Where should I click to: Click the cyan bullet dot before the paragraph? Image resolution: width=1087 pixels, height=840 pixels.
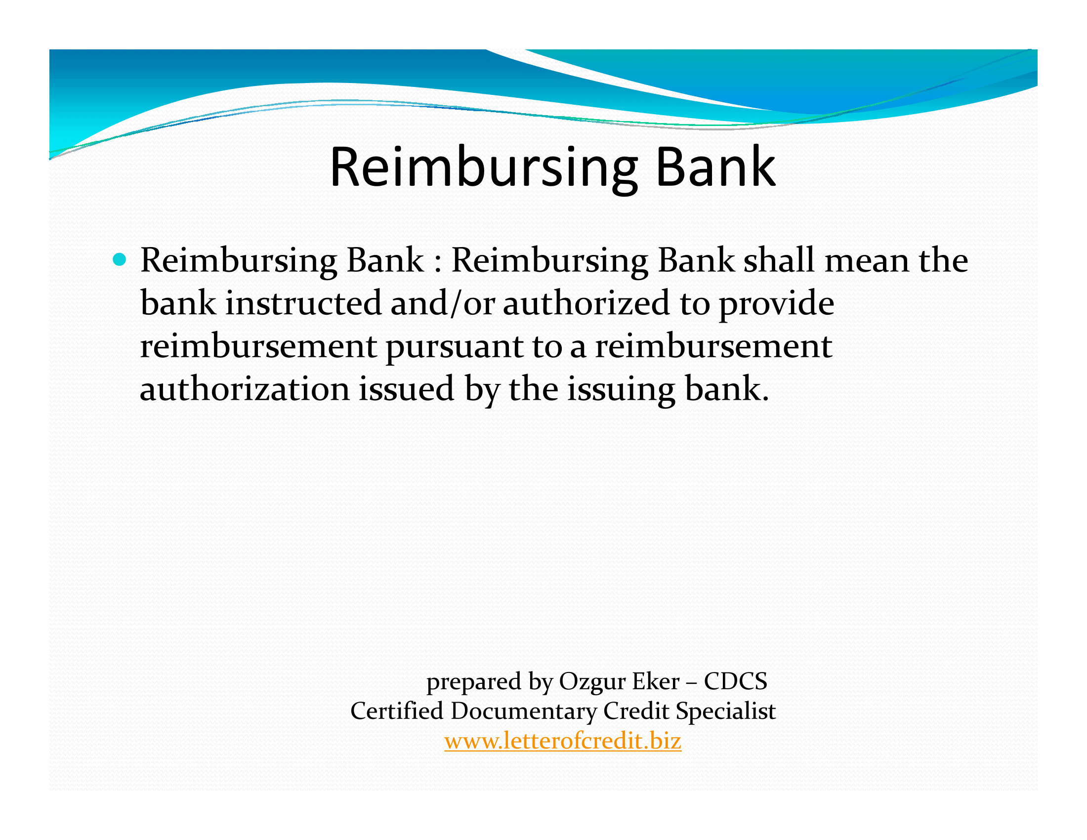(119, 259)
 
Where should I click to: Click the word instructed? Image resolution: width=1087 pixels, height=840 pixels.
(303, 302)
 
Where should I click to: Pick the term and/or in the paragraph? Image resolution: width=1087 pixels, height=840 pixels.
(443, 302)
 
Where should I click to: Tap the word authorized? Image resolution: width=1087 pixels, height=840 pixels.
(586, 302)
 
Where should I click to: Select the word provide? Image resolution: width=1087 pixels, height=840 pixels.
(776, 303)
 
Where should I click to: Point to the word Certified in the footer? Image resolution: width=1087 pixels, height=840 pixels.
(397, 711)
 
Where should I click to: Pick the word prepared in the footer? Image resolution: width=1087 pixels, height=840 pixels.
(473, 682)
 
